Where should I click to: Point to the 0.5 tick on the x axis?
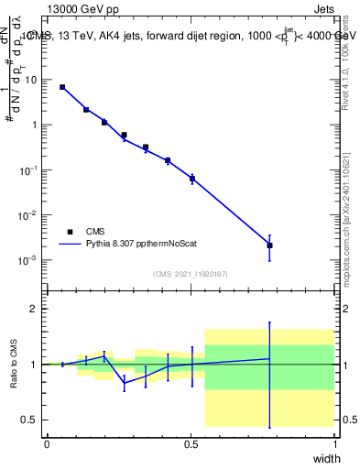(x=191, y=442)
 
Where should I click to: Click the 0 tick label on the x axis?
(x=47, y=442)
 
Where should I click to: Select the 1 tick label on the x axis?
(x=335, y=442)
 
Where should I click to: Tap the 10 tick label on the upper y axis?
(x=33, y=80)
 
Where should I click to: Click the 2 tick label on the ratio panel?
(x=36, y=309)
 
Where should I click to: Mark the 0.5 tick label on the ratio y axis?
(x=32, y=420)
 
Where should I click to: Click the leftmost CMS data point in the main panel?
(x=62, y=87)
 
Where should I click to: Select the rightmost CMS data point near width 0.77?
(x=269, y=245)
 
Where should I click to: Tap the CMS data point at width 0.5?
(x=192, y=179)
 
